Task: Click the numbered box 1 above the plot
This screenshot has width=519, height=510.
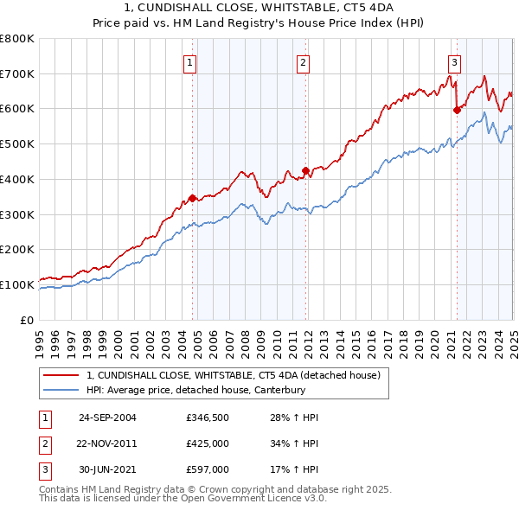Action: [x=189, y=61]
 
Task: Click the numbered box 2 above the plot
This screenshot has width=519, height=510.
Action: [x=304, y=61]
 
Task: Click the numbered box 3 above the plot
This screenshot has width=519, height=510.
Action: [x=454, y=61]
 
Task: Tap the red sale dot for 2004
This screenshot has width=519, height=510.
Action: [x=192, y=198]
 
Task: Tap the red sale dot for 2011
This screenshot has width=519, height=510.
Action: [x=305, y=170]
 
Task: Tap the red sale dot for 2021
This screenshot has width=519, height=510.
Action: [x=457, y=110]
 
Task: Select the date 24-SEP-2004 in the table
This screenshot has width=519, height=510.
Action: [x=107, y=418]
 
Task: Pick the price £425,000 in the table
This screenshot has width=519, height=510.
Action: [x=207, y=443]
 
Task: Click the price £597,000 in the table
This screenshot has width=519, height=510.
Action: [x=207, y=469]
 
